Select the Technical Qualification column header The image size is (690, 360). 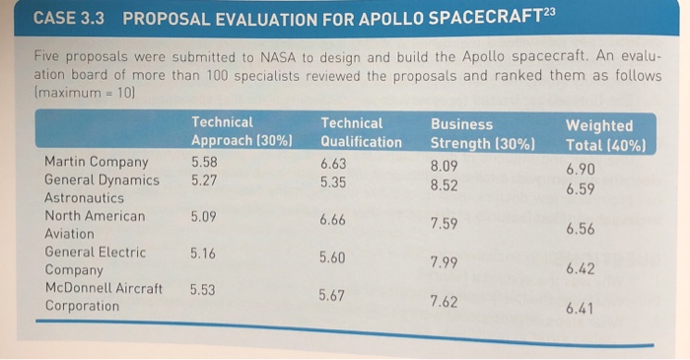tap(361, 132)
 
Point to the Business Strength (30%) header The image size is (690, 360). tap(481, 133)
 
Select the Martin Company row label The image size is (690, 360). tap(97, 162)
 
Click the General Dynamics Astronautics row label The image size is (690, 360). tap(102, 188)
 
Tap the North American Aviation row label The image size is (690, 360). tap(95, 225)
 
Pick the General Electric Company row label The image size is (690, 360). tap(95, 260)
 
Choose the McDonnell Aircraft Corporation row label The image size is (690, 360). tap(103, 297)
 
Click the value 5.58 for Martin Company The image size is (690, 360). tap(204, 161)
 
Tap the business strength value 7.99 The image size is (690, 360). tap(444, 261)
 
